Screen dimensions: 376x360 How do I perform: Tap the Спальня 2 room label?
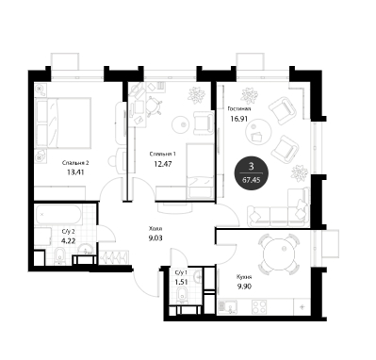75,163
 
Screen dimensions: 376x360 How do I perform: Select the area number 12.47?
163,163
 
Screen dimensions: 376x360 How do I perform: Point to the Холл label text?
155,229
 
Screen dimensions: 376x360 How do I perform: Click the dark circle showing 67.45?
252,173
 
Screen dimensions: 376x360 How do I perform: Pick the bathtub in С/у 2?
58,215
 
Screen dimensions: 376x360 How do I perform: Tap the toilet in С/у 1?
182,296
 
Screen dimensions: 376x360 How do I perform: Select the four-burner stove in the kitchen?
259,306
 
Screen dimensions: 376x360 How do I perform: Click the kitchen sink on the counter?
228,306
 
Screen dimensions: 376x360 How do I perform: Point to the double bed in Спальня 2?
63,123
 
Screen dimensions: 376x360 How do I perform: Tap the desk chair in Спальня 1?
154,106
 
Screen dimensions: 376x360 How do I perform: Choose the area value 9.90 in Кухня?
244,286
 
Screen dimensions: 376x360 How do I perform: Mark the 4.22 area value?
69,241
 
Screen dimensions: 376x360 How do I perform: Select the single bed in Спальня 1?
201,171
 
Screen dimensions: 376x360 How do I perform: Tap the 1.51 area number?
181,282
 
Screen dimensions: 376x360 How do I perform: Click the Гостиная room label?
239,109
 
